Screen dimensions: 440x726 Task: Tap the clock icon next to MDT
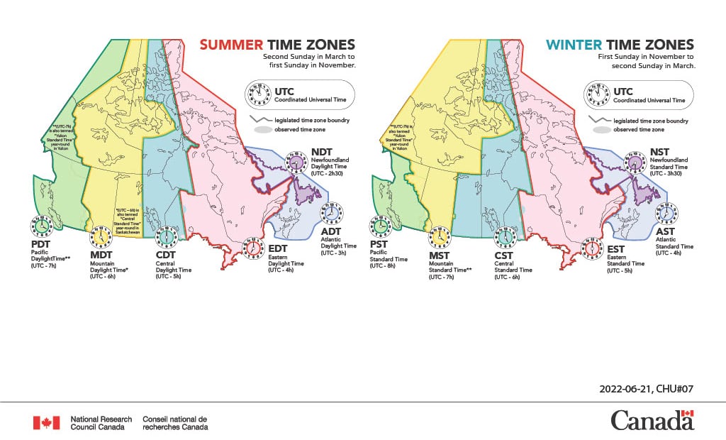coord(101,236)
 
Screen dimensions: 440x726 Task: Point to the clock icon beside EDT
coord(252,248)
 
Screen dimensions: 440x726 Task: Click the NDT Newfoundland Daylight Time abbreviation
coord(321,153)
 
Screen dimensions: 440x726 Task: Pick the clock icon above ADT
coord(330,213)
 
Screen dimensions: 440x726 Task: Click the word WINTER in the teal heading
coord(571,45)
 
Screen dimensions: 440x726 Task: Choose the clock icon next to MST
coord(440,236)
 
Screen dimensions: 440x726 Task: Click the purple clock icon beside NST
coord(635,163)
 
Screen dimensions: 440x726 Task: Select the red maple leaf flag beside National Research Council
coord(46,423)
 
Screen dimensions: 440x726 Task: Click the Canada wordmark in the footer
coord(652,421)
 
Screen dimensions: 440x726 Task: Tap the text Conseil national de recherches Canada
coord(175,423)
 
